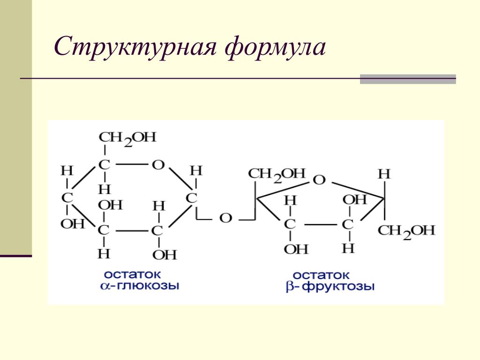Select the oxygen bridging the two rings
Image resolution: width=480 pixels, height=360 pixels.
click(226, 218)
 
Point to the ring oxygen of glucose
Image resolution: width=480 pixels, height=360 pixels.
click(158, 165)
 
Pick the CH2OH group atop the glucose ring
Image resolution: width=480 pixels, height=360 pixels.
click(127, 138)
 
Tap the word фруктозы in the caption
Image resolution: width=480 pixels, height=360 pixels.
click(337, 286)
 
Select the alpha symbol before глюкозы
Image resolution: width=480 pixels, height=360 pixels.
click(105, 286)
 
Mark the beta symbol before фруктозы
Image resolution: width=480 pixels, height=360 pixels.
click(289, 287)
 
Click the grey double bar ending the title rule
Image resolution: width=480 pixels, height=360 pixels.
click(408, 79)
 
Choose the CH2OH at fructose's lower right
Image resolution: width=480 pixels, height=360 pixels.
click(406, 231)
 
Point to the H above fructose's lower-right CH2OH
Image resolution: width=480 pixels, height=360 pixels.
click(384, 174)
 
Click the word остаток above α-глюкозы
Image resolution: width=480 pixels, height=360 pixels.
click(132, 273)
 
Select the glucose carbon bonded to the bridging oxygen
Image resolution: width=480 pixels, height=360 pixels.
click(191, 198)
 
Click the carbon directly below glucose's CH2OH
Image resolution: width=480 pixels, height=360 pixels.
click(104, 165)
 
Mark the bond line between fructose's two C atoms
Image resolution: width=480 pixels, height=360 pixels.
click(318, 225)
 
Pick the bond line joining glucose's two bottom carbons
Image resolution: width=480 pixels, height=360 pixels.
click(131, 231)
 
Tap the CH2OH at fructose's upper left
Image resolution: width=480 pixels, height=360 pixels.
click(277, 174)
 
